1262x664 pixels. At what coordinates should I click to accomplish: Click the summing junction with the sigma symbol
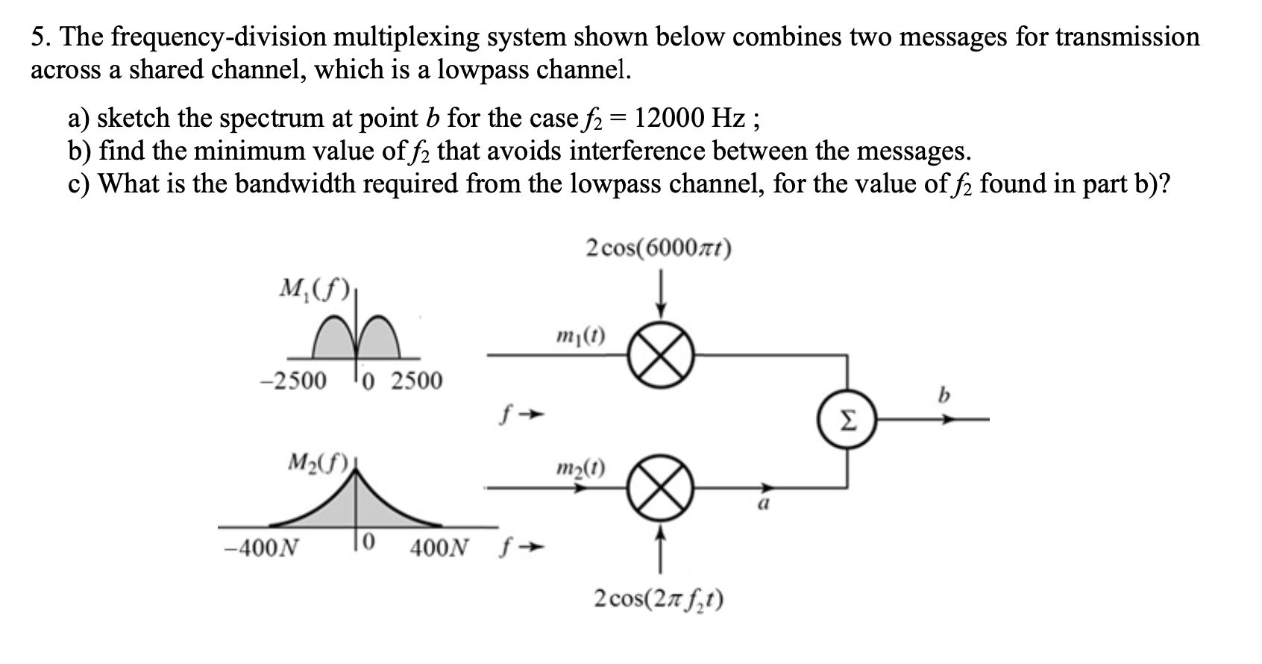click(847, 420)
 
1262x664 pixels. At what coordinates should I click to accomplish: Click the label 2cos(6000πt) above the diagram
click(659, 248)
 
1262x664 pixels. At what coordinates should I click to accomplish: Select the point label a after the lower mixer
click(763, 504)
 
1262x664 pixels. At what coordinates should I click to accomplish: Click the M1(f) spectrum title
click(309, 287)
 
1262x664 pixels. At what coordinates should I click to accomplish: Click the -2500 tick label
click(292, 381)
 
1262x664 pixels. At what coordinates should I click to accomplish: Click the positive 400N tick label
click(439, 548)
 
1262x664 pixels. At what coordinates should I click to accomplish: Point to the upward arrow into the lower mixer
click(661, 548)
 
